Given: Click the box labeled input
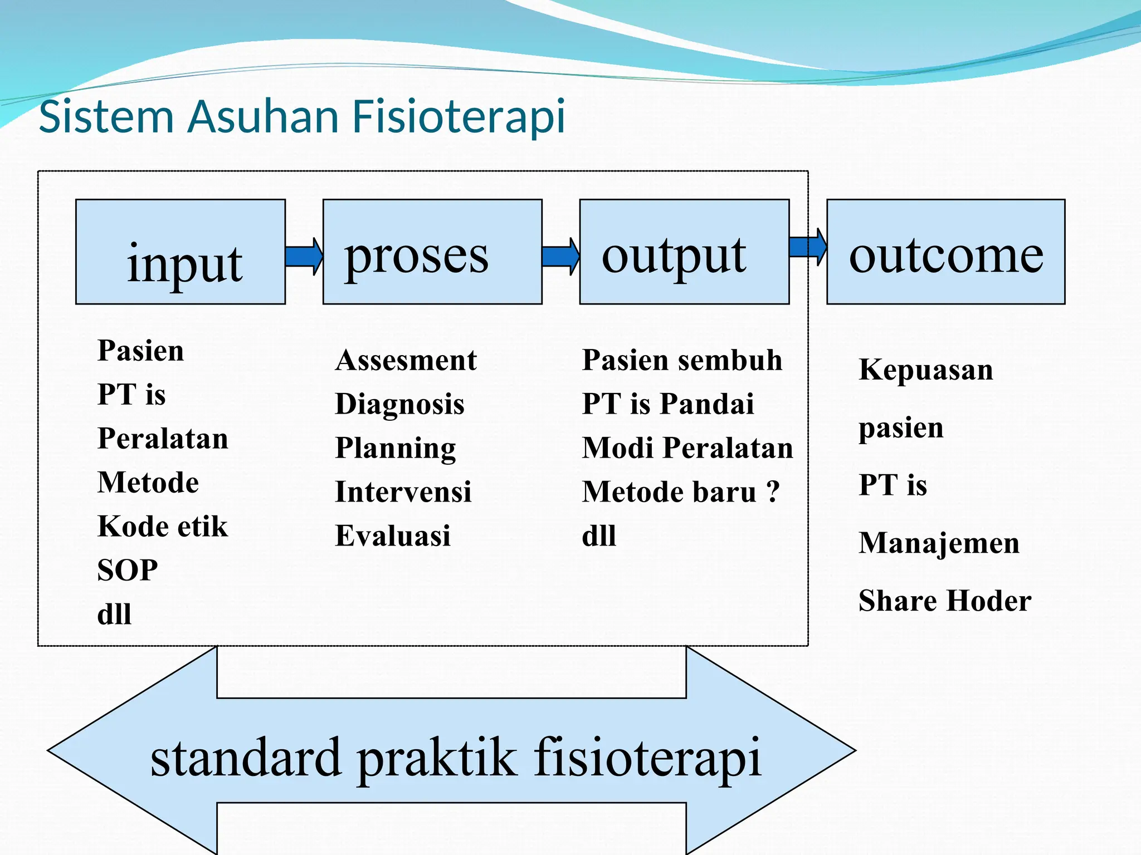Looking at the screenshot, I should point(181,252).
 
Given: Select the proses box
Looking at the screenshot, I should point(432,252).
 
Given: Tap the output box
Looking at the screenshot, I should point(684,252).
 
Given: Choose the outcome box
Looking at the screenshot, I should point(945,252).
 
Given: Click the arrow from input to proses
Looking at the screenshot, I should point(304,257).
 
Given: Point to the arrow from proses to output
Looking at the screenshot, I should point(560,257).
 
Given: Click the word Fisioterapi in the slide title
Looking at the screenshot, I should point(459,116).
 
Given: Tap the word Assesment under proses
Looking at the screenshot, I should point(406,360).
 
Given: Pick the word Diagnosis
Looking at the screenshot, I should point(399,404).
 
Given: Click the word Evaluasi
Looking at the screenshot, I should point(393,535).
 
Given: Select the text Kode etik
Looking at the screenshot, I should point(163,527).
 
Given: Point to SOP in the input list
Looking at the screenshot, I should point(128,571).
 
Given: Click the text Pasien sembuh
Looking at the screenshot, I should point(682,360).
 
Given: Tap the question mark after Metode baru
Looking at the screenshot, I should point(773,492).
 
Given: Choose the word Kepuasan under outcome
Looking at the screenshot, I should point(926,370).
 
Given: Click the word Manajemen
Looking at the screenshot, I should point(939,543).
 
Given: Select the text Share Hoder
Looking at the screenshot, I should point(945,601).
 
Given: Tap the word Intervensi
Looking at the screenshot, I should point(403,492).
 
